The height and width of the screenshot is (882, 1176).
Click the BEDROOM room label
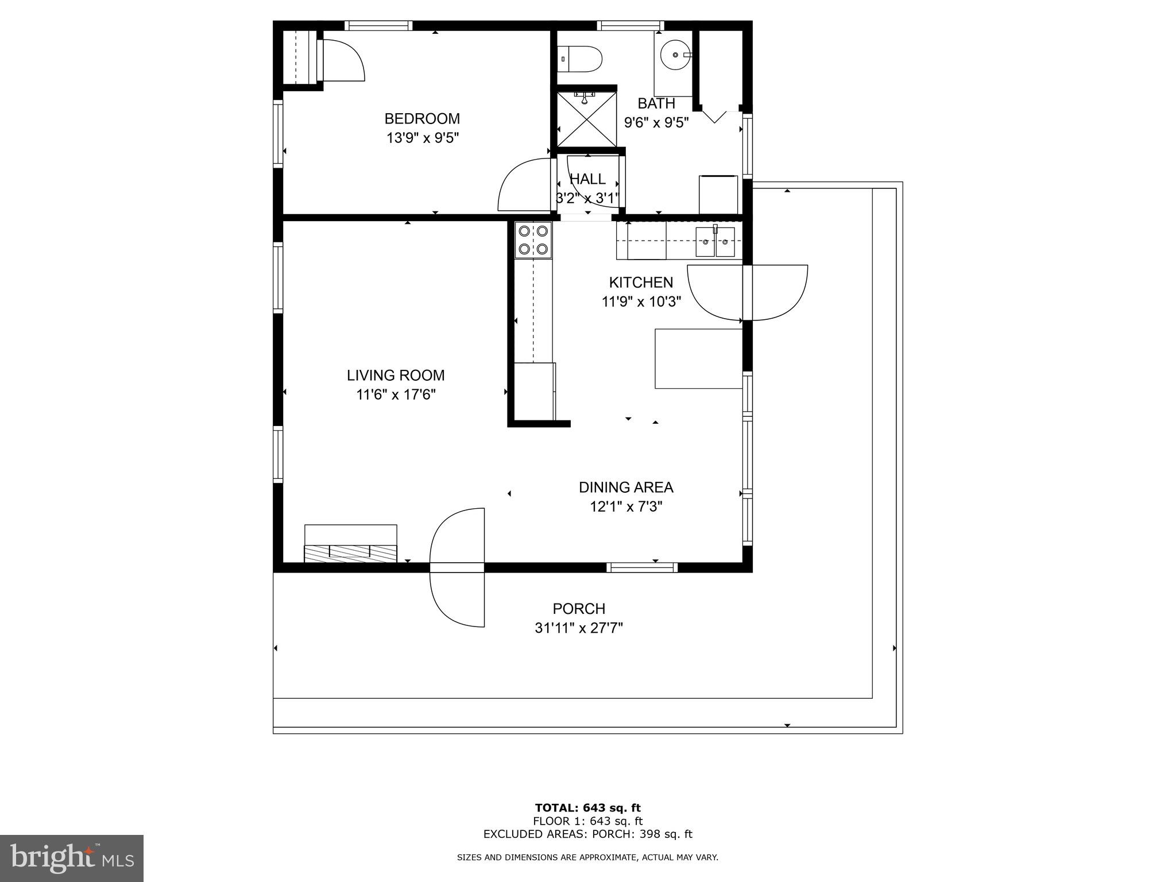pos(422,119)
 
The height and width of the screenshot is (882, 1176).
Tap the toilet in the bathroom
pos(581,59)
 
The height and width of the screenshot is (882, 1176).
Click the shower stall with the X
pos(584,119)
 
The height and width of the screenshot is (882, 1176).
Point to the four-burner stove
pos(533,240)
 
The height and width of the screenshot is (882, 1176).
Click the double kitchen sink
pos(715,242)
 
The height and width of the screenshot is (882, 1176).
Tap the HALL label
pos(587,179)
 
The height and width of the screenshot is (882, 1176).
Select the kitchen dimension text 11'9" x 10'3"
pos(641,301)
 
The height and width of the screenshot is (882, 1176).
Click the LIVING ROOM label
pos(396,376)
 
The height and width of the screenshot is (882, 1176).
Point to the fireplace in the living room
pos(350,544)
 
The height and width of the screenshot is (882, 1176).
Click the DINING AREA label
pos(626,488)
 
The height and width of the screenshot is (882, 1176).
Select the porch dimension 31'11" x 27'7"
pos(579,628)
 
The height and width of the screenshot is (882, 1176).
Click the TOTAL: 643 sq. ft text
pos(587,808)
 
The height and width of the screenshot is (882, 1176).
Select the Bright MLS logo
pos(72,858)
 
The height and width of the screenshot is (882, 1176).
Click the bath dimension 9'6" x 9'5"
pos(656,123)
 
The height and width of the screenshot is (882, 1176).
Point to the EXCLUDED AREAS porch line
pos(587,834)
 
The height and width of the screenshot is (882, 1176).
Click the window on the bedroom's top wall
pos(378,26)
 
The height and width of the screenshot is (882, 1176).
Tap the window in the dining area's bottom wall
pos(642,567)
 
